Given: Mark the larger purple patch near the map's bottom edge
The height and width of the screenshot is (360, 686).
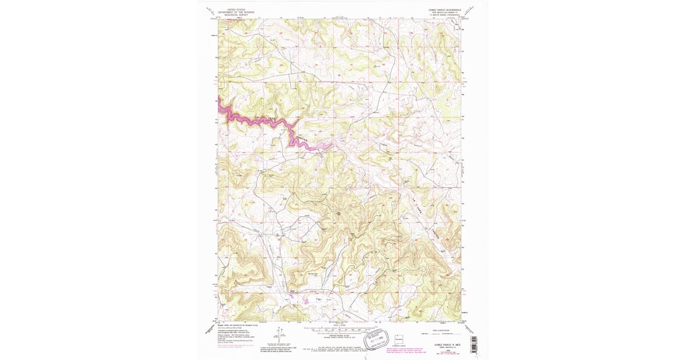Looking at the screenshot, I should pos(305,298).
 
